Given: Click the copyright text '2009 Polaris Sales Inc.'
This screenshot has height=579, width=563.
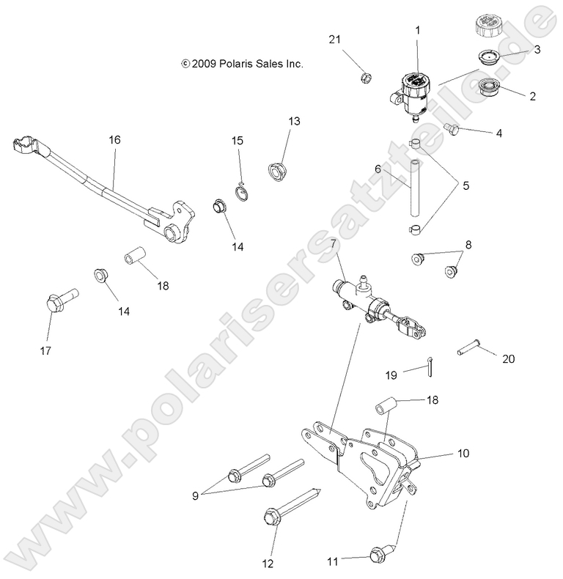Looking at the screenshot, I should click(x=241, y=64).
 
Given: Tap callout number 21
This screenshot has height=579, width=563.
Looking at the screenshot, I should click(x=355, y=39).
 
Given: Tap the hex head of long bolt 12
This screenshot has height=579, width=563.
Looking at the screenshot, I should click(x=268, y=518).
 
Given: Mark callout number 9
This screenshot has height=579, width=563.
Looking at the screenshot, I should click(x=196, y=495).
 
